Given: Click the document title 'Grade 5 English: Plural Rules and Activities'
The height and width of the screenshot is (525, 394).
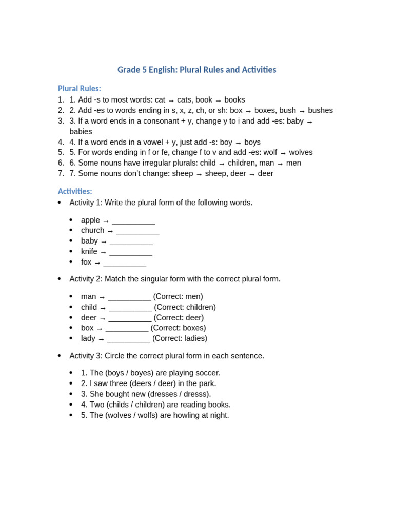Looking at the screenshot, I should click(x=196, y=70).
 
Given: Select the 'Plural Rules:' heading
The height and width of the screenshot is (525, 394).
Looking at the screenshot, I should click(x=79, y=88).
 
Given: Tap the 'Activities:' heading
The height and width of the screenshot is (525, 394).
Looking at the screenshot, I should click(x=75, y=191).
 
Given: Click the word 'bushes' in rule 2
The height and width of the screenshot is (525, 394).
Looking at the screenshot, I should click(x=320, y=110).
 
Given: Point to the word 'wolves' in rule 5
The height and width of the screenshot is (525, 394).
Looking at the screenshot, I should click(x=301, y=152).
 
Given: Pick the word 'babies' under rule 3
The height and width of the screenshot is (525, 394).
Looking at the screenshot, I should click(x=81, y=131).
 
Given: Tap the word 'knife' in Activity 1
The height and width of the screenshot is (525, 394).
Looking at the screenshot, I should click(x=89, y=251).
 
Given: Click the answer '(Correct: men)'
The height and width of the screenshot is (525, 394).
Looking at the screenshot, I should click(x=178, y=296).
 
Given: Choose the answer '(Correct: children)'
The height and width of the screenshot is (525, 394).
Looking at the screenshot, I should click(x=185, y=307).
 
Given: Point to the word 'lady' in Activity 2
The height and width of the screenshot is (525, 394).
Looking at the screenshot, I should click(x=88, y=338).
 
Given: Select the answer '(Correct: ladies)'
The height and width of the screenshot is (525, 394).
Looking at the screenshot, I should click(x=180, y=338).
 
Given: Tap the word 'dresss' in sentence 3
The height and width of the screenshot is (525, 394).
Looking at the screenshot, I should click(x=196, y=394).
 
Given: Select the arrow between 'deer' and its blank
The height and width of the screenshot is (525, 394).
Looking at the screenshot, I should click(x=103, y=318).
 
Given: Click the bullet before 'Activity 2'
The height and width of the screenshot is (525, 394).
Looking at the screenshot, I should click(x=60, y=279).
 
